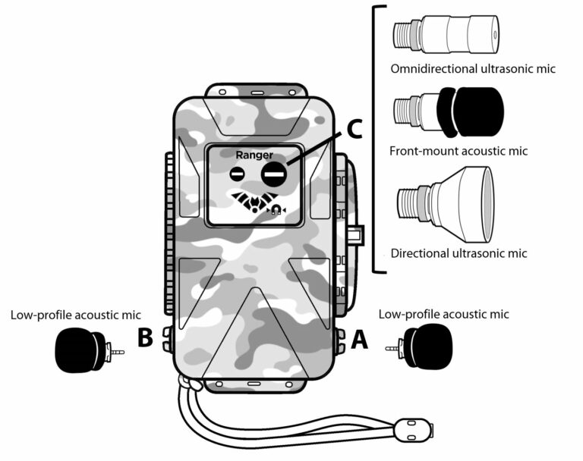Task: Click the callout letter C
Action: coord(352,129)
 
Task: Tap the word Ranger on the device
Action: coord(254,155)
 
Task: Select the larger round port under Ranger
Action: coord(274,174)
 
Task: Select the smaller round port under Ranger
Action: coord(238,174)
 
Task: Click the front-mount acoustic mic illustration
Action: coord(448,111)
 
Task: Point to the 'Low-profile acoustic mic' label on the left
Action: coord(77,314)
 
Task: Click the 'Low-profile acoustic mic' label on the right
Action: coord(443,314)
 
